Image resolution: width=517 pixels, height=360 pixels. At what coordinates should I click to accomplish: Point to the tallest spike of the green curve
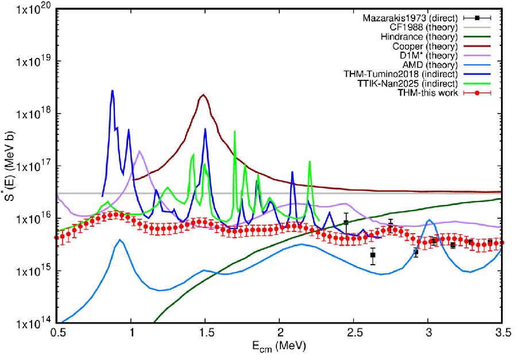[x=234, y=131]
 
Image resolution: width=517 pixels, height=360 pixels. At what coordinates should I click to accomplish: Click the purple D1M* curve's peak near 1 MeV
[x=140, y=152]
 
